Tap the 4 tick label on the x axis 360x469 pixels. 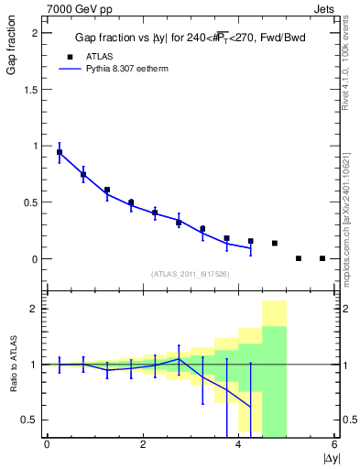(x=238, y=445)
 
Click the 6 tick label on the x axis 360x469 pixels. (x=334, y=445)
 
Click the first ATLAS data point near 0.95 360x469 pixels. (x=60, y=152)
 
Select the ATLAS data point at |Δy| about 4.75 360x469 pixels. (x=275, y=243)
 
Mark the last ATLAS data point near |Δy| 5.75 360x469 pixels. (x=322, y=258)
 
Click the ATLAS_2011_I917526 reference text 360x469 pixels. (x=189, y=274)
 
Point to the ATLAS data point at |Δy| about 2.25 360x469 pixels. (x=155, y=213)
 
